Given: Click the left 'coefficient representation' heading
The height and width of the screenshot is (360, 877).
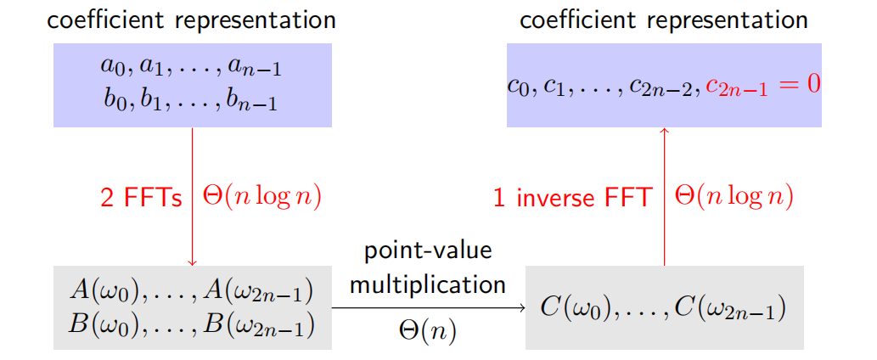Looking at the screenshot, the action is pyautogui.click(x=192, y=20).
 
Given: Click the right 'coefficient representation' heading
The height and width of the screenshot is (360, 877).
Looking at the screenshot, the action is pyautogui.click(x=664, y=20).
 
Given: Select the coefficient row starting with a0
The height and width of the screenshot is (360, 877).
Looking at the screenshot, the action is pyautogui.click(x=192, y=66).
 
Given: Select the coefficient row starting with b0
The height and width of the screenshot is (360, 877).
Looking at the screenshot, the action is pyautogui.click(x=192, y=100).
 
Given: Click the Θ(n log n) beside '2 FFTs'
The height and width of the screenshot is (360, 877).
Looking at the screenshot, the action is pyautogui.click(x=262, y=197).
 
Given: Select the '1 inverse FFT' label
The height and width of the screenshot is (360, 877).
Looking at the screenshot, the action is pyautogui.click(x=572, y=198).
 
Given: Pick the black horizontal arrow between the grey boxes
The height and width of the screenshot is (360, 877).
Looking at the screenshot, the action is pyautogui.click(x=429, y=307).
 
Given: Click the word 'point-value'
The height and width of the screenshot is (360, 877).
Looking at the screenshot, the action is pyautogui.click(x=428, y=251).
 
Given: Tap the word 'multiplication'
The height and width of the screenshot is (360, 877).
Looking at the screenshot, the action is pyautogui.click(x=428, y=284).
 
